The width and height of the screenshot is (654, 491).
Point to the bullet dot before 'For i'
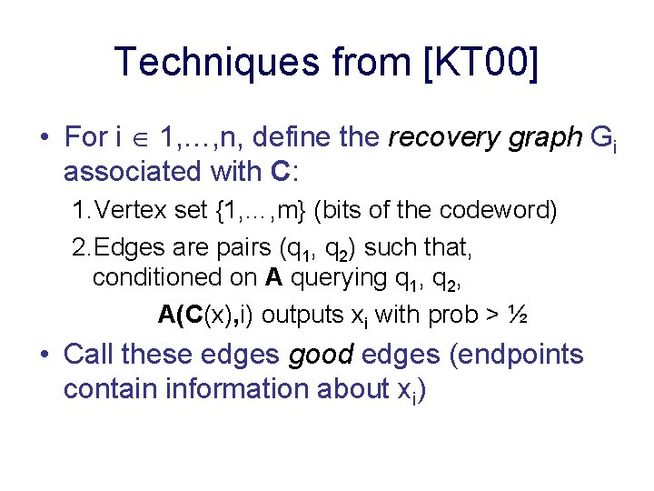click(x=45, y=138)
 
